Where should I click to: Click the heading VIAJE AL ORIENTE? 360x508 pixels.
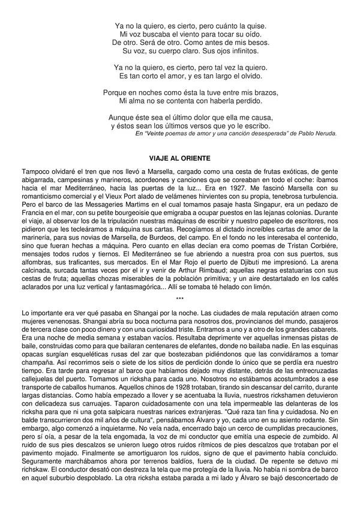180,158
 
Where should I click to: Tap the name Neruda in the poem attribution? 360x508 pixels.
325,134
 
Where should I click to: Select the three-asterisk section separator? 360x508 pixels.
180,298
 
